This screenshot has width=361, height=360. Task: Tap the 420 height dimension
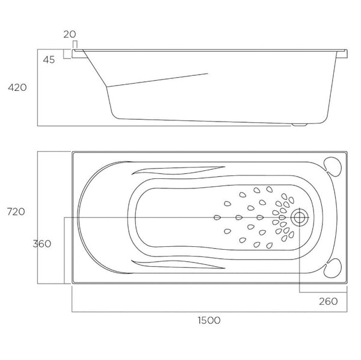17,88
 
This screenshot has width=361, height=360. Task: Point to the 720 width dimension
16,211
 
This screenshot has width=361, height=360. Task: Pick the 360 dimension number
42,244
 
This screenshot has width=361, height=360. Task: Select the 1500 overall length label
208,320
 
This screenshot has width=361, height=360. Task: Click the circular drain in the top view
299,217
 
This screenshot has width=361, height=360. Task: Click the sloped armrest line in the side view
162,79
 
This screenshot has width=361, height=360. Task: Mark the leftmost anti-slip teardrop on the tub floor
216,217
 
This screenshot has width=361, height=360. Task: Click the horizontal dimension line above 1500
208,312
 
